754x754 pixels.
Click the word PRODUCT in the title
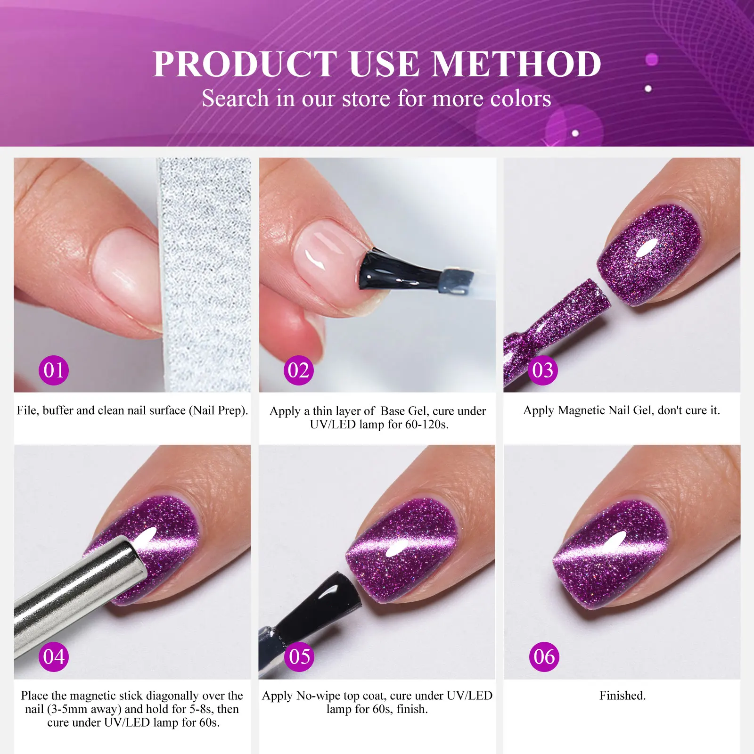pos(245,64)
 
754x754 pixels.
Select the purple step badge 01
pos(54,370)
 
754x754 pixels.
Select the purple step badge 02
pos(298,370)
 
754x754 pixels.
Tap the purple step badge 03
pos(543,370)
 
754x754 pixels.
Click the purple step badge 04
pos(53,656)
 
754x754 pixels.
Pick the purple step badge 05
pos(300,656)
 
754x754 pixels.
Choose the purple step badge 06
pos(544,656)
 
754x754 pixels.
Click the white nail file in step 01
pos(205,273)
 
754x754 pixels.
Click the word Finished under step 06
pos(622,696)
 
